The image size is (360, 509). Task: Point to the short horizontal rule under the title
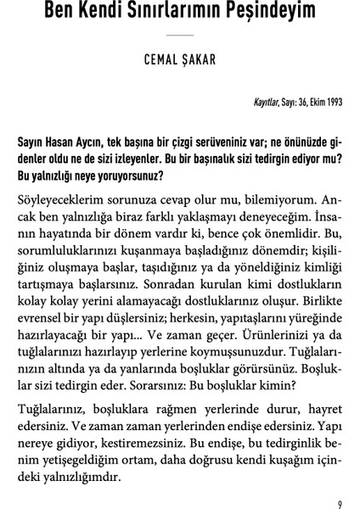coord(180,36)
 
